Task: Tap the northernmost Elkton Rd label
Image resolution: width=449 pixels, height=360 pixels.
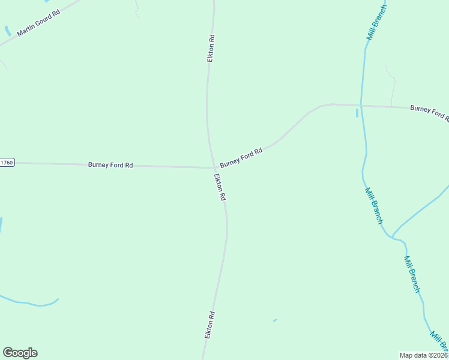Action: coord(211,48)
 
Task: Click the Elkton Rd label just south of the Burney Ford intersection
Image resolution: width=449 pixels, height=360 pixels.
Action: coord(220,187)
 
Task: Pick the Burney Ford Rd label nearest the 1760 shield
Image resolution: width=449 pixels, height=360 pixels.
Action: coord(110,164)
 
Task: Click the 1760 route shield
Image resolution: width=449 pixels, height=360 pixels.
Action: coord(7,163)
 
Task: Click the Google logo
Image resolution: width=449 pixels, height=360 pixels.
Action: coord(20,353)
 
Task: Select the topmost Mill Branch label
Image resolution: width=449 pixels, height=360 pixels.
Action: coord(377,23)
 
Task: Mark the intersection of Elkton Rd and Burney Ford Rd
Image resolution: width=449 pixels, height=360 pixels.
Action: coord(214,167)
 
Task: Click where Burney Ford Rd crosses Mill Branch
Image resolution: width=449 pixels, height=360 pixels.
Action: coord(361,106)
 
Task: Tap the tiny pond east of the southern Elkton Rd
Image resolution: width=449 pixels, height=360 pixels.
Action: coord(275,320)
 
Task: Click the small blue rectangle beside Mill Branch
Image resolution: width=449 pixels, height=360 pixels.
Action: coord(357,113)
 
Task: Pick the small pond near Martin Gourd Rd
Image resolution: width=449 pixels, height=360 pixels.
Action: coord(7,31)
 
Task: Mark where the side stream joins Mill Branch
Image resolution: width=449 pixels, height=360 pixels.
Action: coord(393,236)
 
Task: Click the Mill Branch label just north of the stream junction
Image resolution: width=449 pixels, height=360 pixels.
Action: coord(373,205)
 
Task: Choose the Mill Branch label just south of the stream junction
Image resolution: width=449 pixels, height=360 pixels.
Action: coord(412,274)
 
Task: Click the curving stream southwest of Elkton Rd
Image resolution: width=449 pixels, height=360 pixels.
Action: coord(30,303)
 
